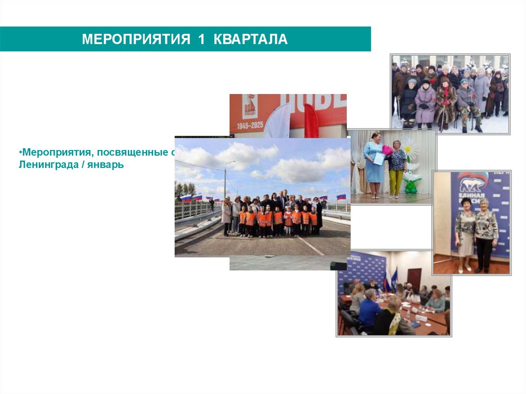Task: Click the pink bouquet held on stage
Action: click(387, 151)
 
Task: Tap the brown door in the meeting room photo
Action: click(414, 278)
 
